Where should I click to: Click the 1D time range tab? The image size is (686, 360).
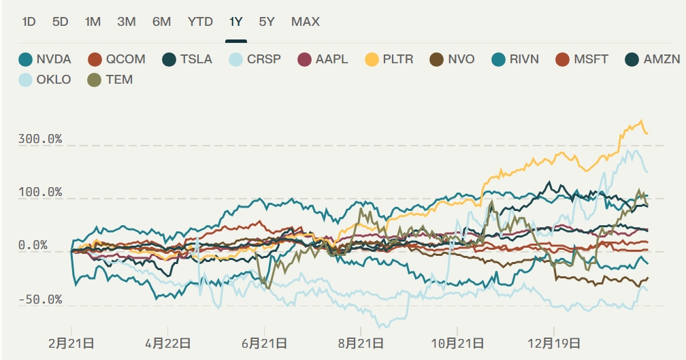point(29,22)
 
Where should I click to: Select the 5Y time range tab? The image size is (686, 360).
point(267,22)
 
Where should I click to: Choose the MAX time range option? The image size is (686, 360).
point(306,22)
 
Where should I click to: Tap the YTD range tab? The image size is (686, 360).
point(201,22)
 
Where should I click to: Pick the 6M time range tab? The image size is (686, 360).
point(161,22)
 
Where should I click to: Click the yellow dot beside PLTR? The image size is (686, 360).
point(372,59)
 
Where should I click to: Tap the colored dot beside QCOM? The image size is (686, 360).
point(95,59)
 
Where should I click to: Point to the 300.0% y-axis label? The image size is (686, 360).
point(41,140)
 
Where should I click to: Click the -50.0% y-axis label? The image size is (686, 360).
point(41,300)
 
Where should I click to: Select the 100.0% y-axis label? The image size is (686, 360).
point(41,193)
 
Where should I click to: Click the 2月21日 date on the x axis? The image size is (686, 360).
point(71,343)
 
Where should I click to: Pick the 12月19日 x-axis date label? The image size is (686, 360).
point(557,343)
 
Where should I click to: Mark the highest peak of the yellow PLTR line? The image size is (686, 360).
point(641,121)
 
